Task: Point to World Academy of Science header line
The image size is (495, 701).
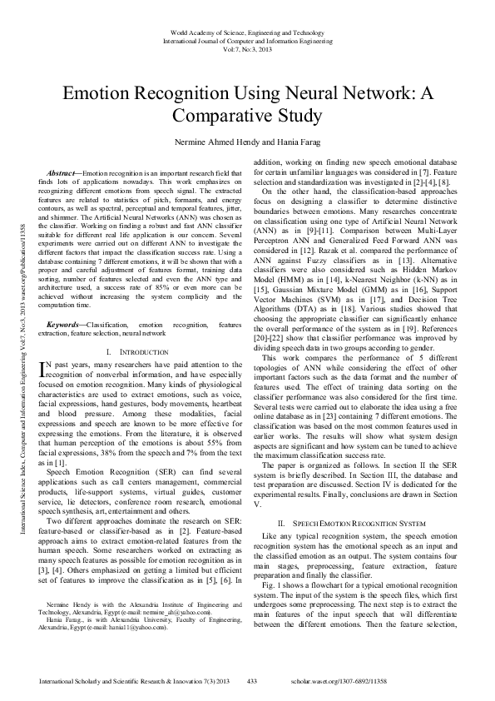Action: pyautogui.click(x=247, y=31)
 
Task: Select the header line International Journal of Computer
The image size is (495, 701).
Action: pyautogui.click(x=247, y=39)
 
